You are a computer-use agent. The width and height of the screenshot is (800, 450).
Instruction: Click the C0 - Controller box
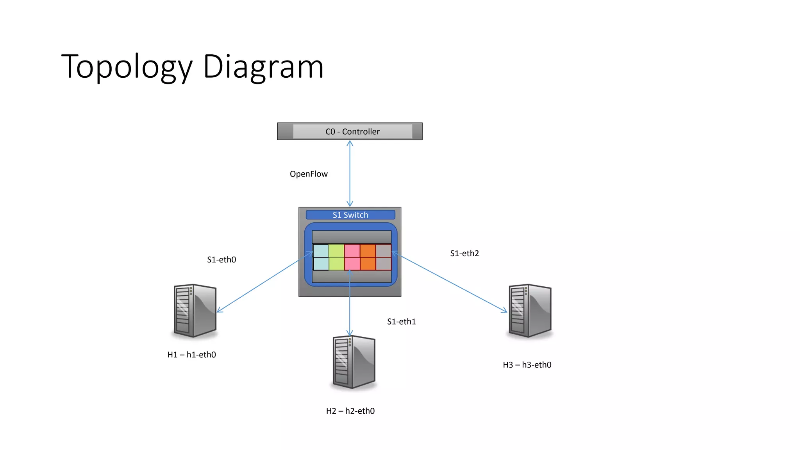click(350, 132)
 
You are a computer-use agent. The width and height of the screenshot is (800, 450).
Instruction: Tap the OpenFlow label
click(309, 174)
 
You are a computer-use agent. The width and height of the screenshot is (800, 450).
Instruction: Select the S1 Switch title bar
click(350, 215)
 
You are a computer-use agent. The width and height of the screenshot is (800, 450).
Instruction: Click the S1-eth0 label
click(221, 260)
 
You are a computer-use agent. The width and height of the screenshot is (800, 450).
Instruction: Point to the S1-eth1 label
click(401, 321)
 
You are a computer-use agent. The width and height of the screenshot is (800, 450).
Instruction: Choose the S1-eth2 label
click(464, 254)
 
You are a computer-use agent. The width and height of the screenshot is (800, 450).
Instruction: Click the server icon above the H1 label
click(195, 311)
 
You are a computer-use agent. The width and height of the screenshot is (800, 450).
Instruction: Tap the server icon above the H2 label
click(354, 362)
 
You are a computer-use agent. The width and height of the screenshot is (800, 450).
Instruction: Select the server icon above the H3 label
click(530, 311)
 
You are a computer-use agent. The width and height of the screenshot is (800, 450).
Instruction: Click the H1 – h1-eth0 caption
click(191, 355)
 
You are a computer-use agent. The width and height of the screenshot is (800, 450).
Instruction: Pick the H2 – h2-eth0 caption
click(350, 411)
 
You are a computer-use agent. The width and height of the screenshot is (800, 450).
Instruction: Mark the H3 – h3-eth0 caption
click(527, 365)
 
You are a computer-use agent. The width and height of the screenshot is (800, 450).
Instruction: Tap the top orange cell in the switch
click(368, 251)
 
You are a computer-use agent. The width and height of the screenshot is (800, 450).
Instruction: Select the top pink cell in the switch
click(352, 251)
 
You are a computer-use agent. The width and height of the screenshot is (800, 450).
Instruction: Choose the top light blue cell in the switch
click(321, 251)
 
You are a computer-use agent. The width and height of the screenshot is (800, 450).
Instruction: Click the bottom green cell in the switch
click(336, 264)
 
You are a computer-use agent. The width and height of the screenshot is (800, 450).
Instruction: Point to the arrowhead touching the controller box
click(350, 143)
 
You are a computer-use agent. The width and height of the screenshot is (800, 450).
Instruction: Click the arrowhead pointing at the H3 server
click(504, 311)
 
